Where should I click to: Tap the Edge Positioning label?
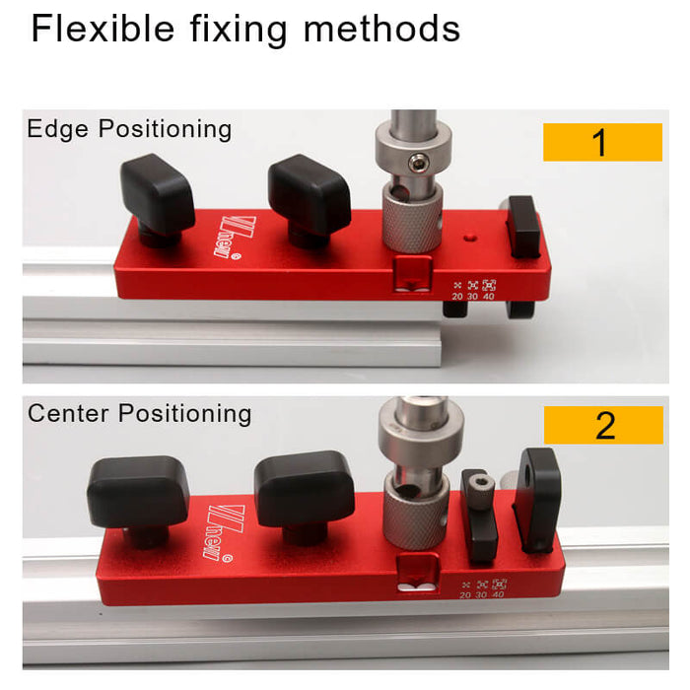[129, 129]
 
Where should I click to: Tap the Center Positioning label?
[139, 413]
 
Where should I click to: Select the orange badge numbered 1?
[601, 143]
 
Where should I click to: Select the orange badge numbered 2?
[603, 425]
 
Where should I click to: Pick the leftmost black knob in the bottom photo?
[137, 491]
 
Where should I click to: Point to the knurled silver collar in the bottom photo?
[415, 515]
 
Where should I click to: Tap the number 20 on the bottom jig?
[465, 594]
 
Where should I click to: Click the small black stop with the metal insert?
[480, 513]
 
